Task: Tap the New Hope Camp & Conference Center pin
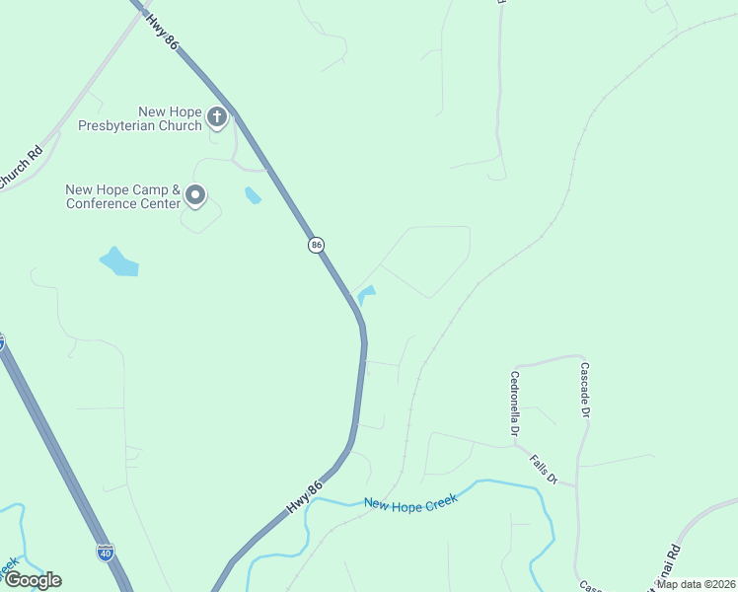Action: pyautogui.click(x=195, y=195)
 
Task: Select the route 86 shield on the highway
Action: pyautogui.click(x=316, y=245)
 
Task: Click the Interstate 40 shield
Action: pyautogui.click(x=106, y=552)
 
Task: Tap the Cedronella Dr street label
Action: pyautogui.click(x=515, y=403)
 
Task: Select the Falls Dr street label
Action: pyautogui.click(x=544, y=469)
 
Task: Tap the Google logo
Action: pyautogui.click(x=32, y=580)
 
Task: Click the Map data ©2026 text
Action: pyautogui.click(x=696, y=584)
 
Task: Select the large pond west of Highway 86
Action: pyautogui.click(x=118, y=262)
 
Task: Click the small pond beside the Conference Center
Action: pyautogui.click(x=253, y=194)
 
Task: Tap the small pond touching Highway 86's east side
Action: pyautogui.click(x=367, y=294)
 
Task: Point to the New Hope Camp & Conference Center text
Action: pyautogui.click(x=123, y=196)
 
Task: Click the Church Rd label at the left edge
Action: pyautogui.click(x=20, y=169)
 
